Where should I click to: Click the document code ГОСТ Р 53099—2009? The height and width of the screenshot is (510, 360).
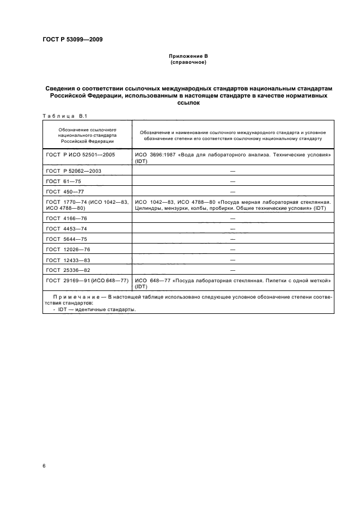coord(72,39)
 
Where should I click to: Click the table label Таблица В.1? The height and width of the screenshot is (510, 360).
coord(60,116)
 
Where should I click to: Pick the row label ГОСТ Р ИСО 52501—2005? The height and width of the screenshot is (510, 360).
coord(80,155)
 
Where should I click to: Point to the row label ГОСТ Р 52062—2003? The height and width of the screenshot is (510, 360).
coord(74,171)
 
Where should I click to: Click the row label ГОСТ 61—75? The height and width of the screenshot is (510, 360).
coord(64,181)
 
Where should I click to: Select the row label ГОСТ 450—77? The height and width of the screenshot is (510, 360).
coord(65,191)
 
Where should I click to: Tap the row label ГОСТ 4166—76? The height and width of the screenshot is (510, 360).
coord(67,218)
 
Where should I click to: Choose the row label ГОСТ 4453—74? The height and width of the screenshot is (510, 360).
coord(67,228)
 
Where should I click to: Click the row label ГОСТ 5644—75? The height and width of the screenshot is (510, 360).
coord(67,239)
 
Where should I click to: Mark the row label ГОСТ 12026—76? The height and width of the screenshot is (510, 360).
coord(69,249)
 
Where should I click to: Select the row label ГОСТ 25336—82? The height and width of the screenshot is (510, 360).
coord(69,270)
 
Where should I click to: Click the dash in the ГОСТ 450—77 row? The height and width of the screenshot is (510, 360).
coord(233,191)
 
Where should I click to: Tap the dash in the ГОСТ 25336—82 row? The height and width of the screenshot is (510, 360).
coord(233,270)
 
